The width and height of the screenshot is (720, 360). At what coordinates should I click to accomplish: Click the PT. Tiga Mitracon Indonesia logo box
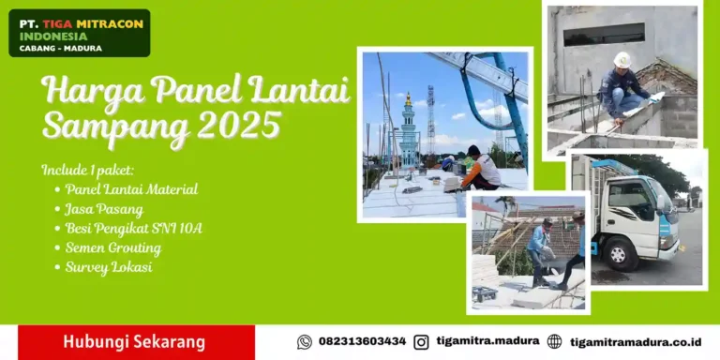79,33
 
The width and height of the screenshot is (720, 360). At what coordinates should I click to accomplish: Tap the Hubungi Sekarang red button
134,342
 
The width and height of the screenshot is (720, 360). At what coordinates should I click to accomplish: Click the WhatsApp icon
304,342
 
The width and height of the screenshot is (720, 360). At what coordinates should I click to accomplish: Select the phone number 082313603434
362,342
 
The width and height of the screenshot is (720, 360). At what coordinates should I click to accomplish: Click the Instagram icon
421,342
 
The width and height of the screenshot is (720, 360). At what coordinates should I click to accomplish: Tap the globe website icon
554,342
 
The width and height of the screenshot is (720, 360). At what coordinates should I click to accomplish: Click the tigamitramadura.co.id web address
636,342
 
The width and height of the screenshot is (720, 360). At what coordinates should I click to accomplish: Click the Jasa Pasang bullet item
104,208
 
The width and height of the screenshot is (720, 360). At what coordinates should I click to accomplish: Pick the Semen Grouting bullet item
112,247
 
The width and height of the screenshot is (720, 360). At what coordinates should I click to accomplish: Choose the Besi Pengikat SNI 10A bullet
133,228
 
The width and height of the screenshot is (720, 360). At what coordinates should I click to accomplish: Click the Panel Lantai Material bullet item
131,188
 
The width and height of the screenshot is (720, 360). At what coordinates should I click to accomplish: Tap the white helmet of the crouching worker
622,59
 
